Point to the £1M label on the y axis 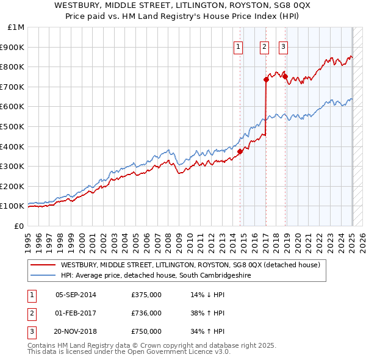pyautogui.click(x=16, y=27)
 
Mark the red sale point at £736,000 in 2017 pyautogui.click(x=266, y=79)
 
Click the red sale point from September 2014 pyautogui.click(x=240, y=151)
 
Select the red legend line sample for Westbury pyautogui.click(x=43, y=265)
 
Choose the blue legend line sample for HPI pyautogui.click(x=43, y=275)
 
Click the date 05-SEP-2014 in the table pyautogui.click(x=76, y=294)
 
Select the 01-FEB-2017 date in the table pyautogui.click(x=76, y=313)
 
